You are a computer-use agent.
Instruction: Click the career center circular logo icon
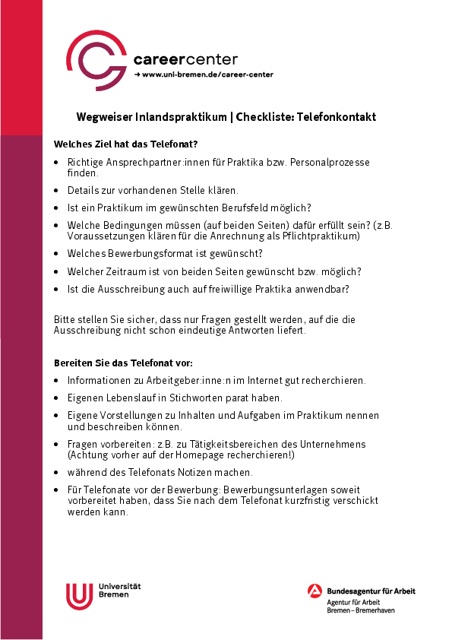point(97,58)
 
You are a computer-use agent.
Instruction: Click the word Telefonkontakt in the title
point(337,117)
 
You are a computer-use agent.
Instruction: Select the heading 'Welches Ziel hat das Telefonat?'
point(126,144)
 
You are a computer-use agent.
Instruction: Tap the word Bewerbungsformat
point(144,253)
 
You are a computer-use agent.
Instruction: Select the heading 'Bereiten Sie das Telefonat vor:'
point(123,363)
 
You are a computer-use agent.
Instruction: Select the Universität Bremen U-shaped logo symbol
point(79,595)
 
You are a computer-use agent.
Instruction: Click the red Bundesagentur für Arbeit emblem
point(315,591)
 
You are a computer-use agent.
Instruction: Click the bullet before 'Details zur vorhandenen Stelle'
point(58,190)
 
